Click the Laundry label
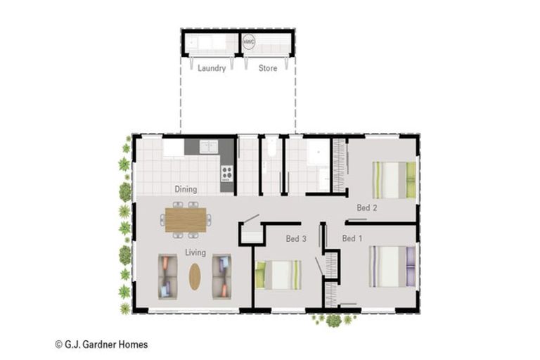click(212, 68)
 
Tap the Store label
click(268, 68)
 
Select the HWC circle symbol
click(249, 42)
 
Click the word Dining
click(186, 189)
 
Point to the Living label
click(195, 252)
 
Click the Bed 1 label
click(352, 238)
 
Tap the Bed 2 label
click(367, 207)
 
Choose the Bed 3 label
click(296, 238)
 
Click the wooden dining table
click(186, 220)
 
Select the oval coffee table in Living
click(195, 276)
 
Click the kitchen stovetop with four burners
click(226, 174)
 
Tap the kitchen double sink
click(208, 146)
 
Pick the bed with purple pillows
click(392, 266)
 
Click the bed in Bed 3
click(278, 275)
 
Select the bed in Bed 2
click(394, 180)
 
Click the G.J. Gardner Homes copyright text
click(101, 345)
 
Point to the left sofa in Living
click(168, 276)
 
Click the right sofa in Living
click(221, 276)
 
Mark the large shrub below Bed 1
click(333, 321)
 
